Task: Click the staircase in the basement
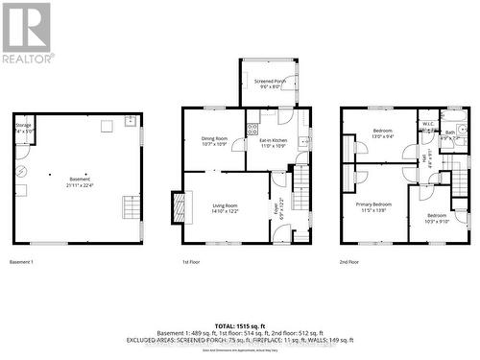129,206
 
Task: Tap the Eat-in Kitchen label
268,142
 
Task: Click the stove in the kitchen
252,126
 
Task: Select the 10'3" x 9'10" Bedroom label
437,217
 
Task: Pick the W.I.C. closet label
427,125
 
